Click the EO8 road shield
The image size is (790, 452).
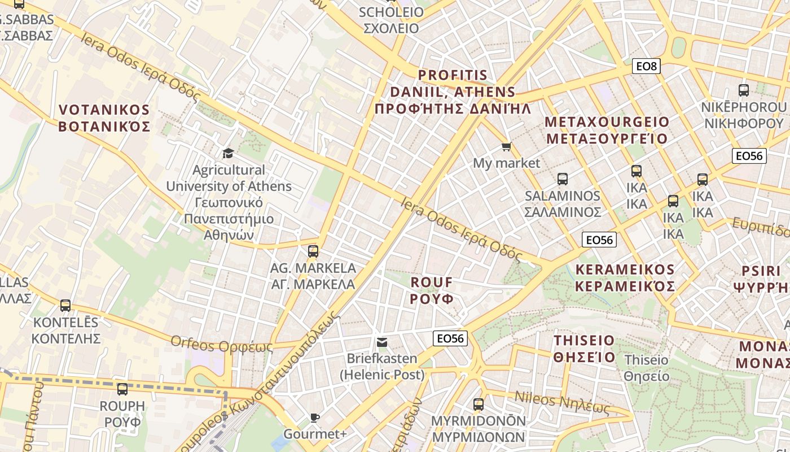tap(646, 67)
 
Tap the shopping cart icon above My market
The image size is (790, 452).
tap(506, 147)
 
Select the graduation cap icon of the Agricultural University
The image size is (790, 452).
tap(228, 153)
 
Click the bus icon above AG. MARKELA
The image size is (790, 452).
tap(313, 251)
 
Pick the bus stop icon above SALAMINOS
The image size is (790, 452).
tap(562, 179)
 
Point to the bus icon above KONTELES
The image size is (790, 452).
tap(65, 306)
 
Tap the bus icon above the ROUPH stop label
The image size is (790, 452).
tap(122, 389)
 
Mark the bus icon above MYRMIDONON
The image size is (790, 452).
tap(479, 405)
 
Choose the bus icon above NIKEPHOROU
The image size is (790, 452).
tap(744, 90)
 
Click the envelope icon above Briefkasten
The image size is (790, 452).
tap(382, 342)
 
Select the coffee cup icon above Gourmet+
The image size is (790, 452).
tap(314, 418)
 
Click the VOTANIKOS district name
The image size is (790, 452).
tap(104, 118)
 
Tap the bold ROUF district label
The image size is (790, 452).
tap(432, 290)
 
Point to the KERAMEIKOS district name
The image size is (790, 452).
tap(625, 277)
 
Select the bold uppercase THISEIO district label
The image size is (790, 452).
tap(584, 349)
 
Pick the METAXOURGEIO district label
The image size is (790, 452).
tap(607, 130)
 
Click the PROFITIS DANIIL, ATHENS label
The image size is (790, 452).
tap(453, 92)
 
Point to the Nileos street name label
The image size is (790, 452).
tap(562, 402)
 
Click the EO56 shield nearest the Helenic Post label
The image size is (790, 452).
tap(450, 338)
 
